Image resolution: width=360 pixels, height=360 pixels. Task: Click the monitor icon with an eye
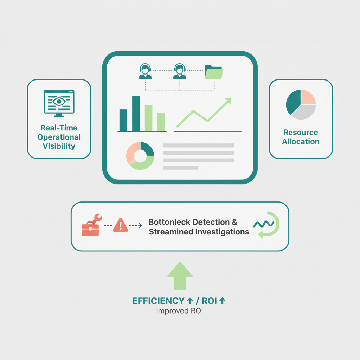coord(59,102)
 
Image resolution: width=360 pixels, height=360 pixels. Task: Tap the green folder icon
coord(214,72)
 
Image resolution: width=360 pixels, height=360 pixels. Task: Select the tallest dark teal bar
coord(136,113)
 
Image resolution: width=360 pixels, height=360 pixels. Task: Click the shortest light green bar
coord(161,122)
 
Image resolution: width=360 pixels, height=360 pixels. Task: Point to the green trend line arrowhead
coord(229,101)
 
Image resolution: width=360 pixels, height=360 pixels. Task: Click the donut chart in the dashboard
coord(140,156)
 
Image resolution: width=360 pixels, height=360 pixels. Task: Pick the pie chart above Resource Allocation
coord(301,105)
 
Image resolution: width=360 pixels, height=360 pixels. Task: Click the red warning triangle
coord(120,225)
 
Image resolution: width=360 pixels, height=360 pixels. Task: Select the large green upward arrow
coord(180,276)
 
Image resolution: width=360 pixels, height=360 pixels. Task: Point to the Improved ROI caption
coord(179,311)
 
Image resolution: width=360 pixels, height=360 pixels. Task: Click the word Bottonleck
coord(169,222)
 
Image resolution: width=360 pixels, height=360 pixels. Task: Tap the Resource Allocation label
coord(301,137)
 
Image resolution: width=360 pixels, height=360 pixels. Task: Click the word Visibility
coord(59,146)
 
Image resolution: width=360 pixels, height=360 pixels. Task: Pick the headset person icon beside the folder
coord(179,71)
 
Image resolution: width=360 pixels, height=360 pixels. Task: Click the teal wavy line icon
coord(263,224)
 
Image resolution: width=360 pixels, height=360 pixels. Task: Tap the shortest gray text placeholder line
coord(181,168)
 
